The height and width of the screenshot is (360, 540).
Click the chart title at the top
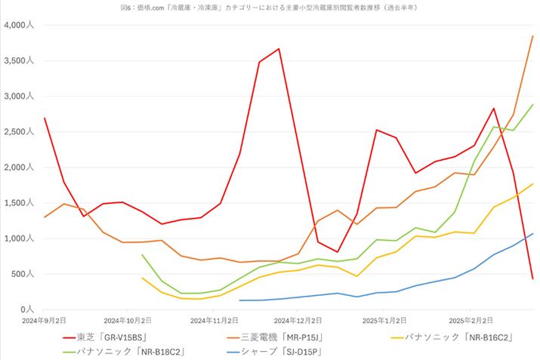[270, 7]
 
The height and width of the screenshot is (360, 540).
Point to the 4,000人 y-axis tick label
[18, 25]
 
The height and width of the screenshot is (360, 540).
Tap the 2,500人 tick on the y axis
[18, 132]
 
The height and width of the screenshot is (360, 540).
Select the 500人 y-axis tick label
[22, 274]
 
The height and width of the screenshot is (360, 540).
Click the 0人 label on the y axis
[27, 309]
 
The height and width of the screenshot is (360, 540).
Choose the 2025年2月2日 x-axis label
[471, 320]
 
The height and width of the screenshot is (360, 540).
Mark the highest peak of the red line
[279, 49]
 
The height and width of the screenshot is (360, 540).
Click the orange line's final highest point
[532, 36]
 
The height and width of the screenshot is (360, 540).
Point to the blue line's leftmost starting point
[239, 300]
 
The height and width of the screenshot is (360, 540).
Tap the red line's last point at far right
[532, 279]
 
